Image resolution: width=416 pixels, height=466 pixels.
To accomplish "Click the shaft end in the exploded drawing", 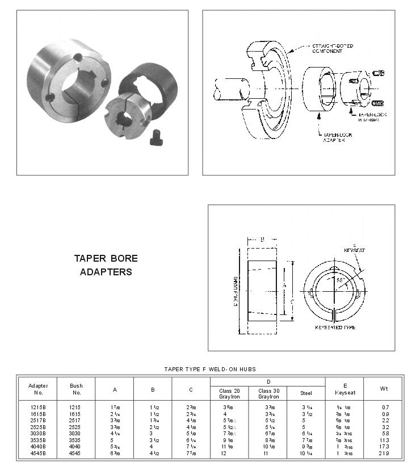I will pos(230,90).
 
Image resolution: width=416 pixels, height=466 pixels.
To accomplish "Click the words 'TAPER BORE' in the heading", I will pos(106,259).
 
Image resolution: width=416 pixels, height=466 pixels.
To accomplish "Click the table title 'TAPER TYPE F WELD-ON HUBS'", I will pos(210,370).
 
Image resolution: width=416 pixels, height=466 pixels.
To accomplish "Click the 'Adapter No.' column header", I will pos(39,389).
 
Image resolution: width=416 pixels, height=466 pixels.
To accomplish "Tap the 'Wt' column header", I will pos(383,389).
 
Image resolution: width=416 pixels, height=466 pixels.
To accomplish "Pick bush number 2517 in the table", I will pos(75,420).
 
